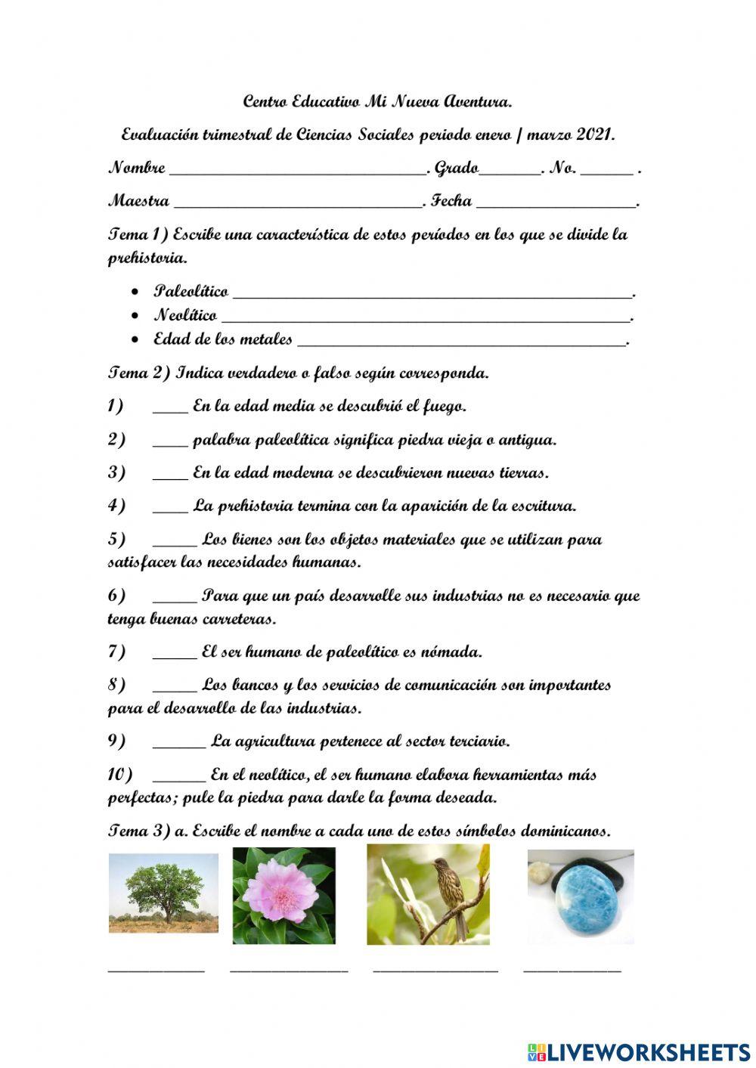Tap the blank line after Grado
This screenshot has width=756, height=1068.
(x=510, y=172)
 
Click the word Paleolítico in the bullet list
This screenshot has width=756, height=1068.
(x=191, y=292)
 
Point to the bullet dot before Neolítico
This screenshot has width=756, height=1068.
(x=135, y=316)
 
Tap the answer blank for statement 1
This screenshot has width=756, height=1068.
(x=170, y=411)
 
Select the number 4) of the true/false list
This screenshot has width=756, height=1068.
(x=116, y=506)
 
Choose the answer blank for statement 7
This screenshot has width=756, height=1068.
(x=175, y=656)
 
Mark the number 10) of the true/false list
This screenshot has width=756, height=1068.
(x=119, y=775)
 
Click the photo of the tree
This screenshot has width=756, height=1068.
(x=163, y=893)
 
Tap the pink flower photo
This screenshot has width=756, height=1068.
(x=284, y=895)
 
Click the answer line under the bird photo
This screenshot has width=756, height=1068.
(x=435, y=970)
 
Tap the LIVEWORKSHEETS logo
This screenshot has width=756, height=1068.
(x=639, y=1051)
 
